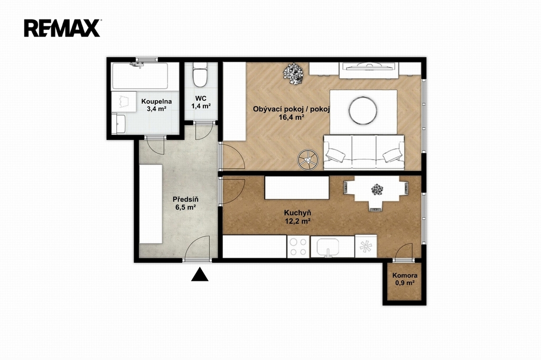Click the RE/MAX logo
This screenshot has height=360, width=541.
point(62,28)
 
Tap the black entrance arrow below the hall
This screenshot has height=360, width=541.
point(200,274)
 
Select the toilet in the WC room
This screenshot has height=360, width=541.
point(199,74)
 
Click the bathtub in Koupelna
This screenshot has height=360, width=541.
point(139,76)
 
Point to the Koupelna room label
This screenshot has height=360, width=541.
point(156,102)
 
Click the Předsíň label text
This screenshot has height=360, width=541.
point(185,200)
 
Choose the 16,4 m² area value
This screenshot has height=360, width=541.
point(292,117)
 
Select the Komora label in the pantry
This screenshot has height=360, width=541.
point(405,276)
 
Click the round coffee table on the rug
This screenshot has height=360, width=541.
point(362,110)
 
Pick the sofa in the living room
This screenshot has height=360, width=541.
point(363,153)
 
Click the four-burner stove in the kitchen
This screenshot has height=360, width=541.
point(298,247)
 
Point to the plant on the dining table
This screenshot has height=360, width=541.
point(377,190)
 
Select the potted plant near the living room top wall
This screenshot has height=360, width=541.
point(293,73)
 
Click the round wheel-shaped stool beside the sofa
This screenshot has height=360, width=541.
point(309,159)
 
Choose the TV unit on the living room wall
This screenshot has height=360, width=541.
point(369,70)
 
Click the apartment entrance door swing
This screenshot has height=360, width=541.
point(198,248)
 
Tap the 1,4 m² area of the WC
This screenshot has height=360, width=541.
point(201,106)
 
